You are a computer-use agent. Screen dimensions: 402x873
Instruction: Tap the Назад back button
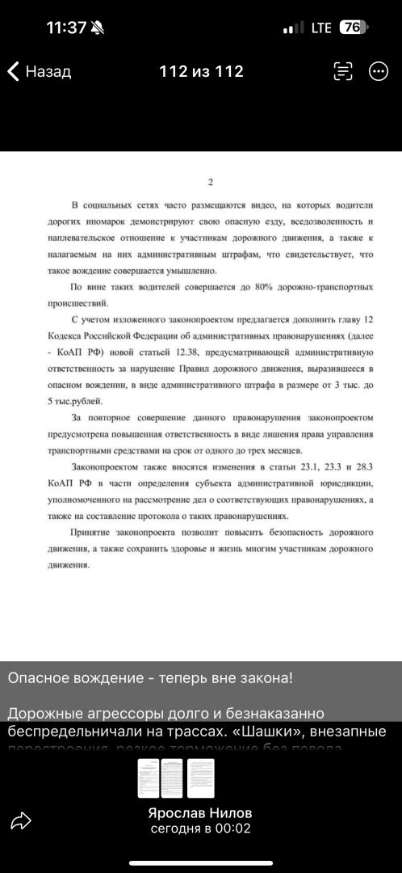click(x=40, y=71)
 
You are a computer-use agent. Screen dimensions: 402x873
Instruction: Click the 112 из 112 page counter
click(x=201, y=71)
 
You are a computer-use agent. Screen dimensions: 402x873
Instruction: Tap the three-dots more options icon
click(x=378, y=71)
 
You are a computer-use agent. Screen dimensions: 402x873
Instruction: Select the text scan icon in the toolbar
click(x=343, y=71)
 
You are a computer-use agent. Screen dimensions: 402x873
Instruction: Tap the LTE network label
click(x=320, y=27)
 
